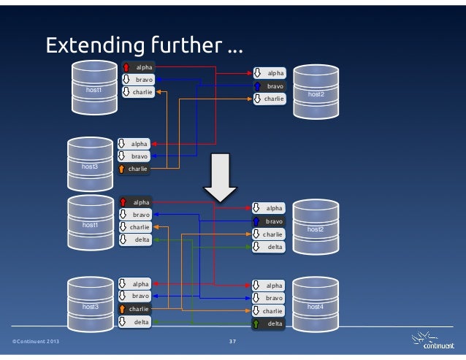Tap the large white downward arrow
click(219, 178)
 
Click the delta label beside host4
click(275, 323)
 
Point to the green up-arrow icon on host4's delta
click(257, 323)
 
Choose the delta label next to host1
click(141, 240)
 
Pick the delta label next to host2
click(275, 247)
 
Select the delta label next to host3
click(141, 321)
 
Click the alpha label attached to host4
click(275, 286)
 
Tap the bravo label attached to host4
click(275, 298)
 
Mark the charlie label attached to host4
click(275, 311)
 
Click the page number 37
click(232, 342)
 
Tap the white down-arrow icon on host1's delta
click(123, 240)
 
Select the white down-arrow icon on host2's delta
click(257, 247)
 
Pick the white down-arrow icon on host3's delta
click(123, 321)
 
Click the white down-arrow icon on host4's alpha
click(257, 286)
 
